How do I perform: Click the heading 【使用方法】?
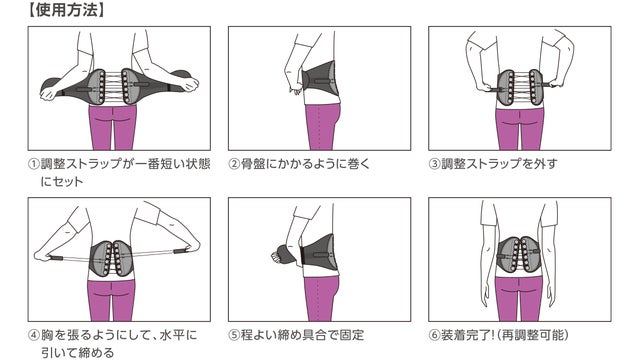pyautogui.click(x=66, y=10)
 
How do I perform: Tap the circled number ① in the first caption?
pyautogui.click(x=34, y=164)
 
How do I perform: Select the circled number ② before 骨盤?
pyautogui.click(x=234, y=164)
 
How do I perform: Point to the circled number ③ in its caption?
pyautogui.click(x=434, y=164)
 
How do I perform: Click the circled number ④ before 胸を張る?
pyautogui.click(x=34, y=336)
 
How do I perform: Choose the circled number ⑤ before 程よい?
pyautogui.click(x=234, y=336)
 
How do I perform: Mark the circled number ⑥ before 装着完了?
pyautogui.click(x=434, y=336)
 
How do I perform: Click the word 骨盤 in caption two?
pyautogui.click(x=253, y=164)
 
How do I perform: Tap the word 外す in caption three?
pyautogui.click(x=545, y=164)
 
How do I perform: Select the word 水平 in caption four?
pyautogui.click(x=172, y=336)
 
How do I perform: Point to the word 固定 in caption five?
pyautogui.click(x=352, y=336)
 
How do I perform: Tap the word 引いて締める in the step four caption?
pyautogui.click(x=78, y=353)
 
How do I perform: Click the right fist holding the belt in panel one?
pyautogui.click(x=189, y=84)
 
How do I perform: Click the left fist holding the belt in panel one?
pyautogui.click(x=49, y=93)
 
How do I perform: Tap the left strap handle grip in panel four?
pyautogui.click(x=57, y=258)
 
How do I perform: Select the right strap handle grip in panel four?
pyautogui.click(x=180, y=251)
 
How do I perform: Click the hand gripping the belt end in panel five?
pyautogui.click(x=277, y=257)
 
